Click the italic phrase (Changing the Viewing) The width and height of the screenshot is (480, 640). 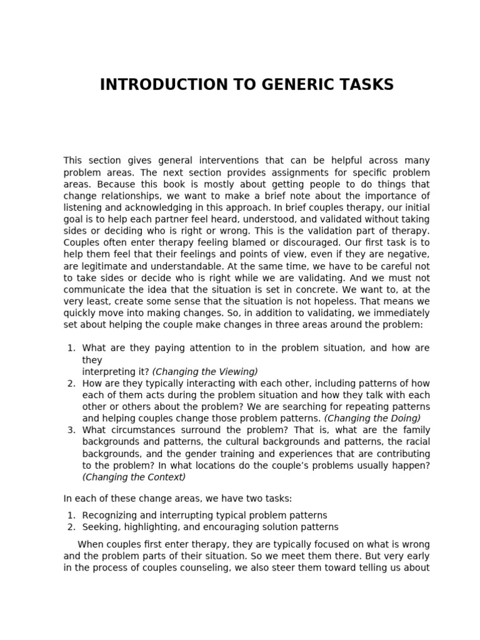[205, 371]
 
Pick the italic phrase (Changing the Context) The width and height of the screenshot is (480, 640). [134, 477]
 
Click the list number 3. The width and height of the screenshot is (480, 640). [71, 429]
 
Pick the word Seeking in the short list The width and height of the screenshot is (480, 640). [100, 527]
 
